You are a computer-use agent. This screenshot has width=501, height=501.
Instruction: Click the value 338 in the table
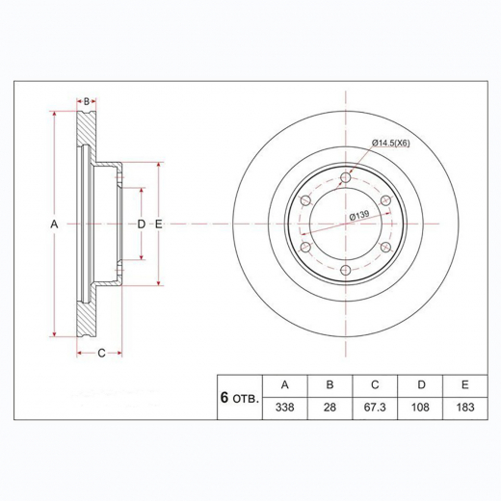tap(284, 408)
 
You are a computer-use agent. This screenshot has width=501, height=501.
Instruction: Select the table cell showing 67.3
tap(375, 408)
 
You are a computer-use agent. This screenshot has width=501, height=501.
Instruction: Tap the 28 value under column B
tap(330, 408)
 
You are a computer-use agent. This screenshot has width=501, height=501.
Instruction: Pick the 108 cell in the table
tap(420, 408)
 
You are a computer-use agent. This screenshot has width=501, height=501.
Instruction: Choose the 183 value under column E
tap(465, 408)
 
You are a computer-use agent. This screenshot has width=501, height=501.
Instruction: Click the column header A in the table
tap(284, 383)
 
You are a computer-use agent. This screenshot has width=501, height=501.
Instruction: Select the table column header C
tap(375, 383)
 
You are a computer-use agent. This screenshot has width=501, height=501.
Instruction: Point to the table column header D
tap(420, 383)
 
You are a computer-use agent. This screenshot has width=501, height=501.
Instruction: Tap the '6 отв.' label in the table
tap(239, 396)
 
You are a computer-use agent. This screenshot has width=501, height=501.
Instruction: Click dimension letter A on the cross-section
tap(54, 224)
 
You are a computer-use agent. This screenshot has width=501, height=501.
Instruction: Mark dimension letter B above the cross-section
tap(86, 100)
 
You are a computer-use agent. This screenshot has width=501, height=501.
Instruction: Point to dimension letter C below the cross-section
tap(101, 353)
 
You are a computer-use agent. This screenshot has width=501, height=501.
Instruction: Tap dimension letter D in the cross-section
tap(142, 224)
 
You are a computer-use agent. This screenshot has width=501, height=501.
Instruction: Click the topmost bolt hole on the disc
tap(345, 176)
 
